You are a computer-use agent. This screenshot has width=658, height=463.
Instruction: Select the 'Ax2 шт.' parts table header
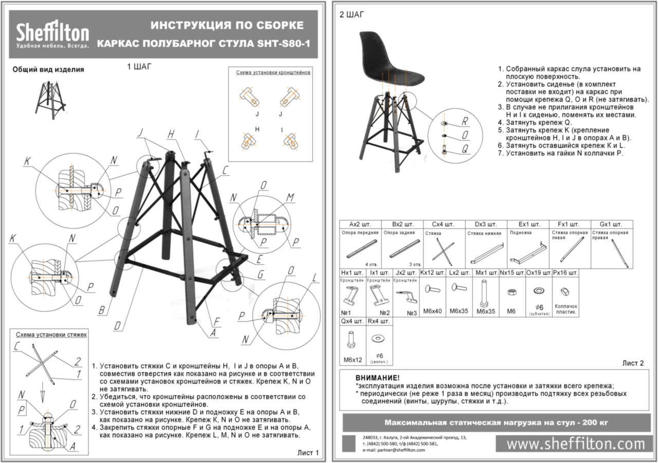[x=360, y=225]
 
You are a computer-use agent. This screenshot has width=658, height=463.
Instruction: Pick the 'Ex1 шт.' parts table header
[x=527, y=225]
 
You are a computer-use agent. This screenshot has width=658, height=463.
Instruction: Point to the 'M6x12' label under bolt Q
[x=352, y=359]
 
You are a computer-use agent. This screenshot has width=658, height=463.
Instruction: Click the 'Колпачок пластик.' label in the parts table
[x=566, y=309]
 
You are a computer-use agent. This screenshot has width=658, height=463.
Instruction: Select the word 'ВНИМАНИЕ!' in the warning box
[x=377, y=378]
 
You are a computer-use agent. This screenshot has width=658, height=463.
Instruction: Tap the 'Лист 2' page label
[x=633, y=363]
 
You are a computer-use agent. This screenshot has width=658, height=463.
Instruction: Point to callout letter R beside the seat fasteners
[x=464, y=122]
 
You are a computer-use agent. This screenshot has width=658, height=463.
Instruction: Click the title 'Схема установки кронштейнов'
[x=273, y=72]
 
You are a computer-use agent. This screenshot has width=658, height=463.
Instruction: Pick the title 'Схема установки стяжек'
[x=51, y=334]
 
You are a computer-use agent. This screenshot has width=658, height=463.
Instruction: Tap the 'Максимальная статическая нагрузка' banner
[x=496, y=422]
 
